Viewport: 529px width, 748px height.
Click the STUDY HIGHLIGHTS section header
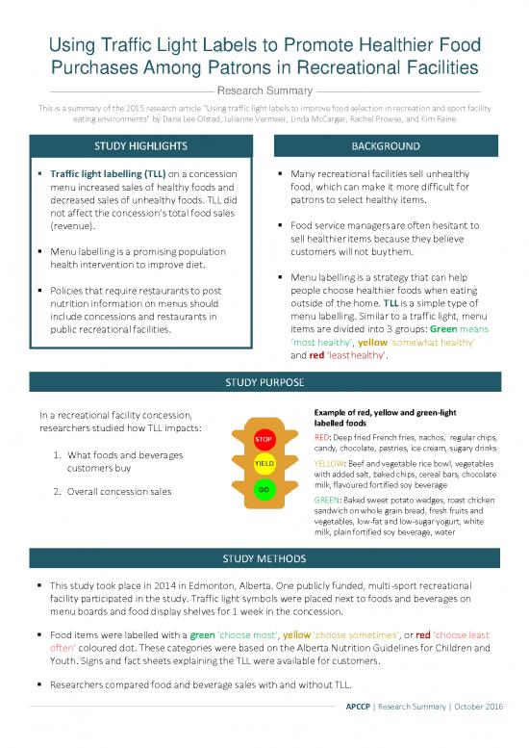click(x=141, y=147)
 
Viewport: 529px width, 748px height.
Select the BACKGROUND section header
click(x=386, y=147)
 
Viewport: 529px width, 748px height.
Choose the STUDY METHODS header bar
click(x=264, y=558)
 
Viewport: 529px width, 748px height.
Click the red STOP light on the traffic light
click(x=264, y=440)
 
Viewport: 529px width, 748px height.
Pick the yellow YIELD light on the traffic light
click(x=264, y=465)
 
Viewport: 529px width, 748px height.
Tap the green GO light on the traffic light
click(x=264, y=489)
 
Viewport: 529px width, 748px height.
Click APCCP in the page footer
click(x=363, y=708)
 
